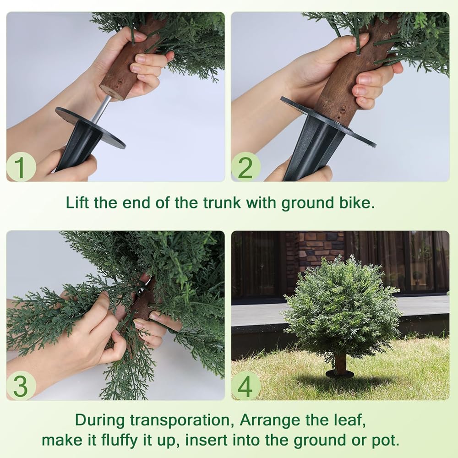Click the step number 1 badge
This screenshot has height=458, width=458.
click(x=21, y=167)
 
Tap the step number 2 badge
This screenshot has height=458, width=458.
click(x=245, y=167)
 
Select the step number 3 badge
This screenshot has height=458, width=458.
click(x=21, y=386)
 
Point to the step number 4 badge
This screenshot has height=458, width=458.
click(x=245, y=386)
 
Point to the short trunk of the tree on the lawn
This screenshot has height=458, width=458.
click(x=339, y=363)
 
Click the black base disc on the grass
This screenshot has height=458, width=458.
click(x=339, y=374)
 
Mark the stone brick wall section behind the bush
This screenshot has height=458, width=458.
click(x=318, y=251)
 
